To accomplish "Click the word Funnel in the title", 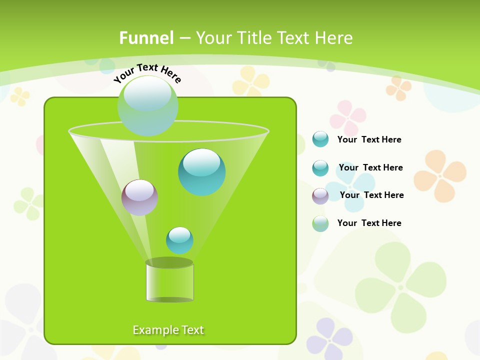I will [146, 38].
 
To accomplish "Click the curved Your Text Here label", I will [147, 73].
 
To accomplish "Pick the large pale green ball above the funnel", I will [147, 105].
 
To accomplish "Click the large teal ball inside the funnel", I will [201, 171].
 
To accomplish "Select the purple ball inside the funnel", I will [139, 197].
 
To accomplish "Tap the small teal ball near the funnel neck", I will [179, 240].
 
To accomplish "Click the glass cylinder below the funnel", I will [169, 281].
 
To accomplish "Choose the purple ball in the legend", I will [320, 195].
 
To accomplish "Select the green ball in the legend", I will [320, 223].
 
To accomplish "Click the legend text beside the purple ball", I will [371, 195].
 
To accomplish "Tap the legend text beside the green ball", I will [369, 223].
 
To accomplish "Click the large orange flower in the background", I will [440, 175].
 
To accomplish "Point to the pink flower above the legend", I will [348, 117].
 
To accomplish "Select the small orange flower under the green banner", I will [398, 87].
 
